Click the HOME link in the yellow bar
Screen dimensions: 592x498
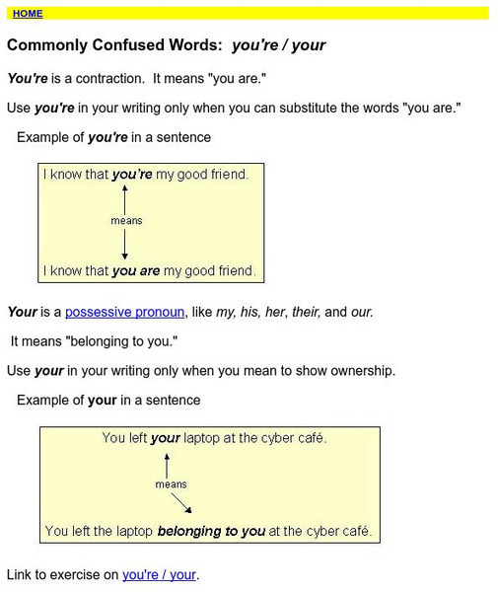pos(28,14)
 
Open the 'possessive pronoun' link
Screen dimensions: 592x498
pos(124,312)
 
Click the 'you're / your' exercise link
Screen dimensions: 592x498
pos(160,574)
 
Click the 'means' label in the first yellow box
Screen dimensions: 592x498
pos(125,221)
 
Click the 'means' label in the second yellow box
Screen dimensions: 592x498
pos(171,484)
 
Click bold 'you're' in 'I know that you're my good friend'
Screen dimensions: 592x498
pos(132,175)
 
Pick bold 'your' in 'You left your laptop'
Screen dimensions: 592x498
pos(165,438)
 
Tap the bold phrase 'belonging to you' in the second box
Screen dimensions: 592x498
pos(211,532)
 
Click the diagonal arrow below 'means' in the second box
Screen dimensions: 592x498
pos(180,504)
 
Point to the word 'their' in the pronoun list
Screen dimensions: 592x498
pos(301,312)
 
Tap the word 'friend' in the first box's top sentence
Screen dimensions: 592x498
pos(226,175)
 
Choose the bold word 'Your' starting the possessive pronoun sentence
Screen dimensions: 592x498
pos(22,312)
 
